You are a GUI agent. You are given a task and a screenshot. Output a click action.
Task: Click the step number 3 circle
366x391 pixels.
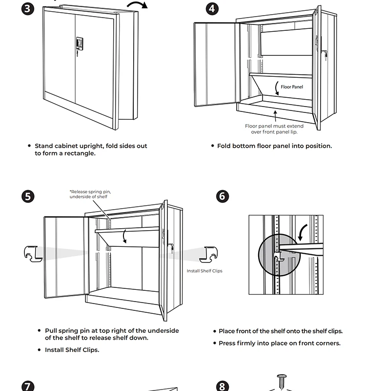(29, 9)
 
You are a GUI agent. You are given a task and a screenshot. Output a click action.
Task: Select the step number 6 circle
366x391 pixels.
(222, 196)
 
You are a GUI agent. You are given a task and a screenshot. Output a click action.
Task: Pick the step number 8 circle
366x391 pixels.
(222, 386)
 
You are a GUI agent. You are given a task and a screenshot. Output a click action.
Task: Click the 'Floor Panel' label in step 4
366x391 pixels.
(292, 87)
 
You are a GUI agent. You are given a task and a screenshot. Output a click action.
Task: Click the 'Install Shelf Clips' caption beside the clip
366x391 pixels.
(204, 271)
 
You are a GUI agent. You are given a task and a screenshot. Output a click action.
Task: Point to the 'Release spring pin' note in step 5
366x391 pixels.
(88, 194)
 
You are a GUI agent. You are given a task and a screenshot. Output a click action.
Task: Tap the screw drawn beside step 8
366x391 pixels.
(283, 381)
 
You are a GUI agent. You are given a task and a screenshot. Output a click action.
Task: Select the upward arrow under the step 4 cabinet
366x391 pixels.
(276, 115)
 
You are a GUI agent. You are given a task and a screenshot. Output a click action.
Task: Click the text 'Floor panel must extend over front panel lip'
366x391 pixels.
(274, 129)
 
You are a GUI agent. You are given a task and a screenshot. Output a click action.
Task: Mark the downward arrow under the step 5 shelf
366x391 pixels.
(125, 237)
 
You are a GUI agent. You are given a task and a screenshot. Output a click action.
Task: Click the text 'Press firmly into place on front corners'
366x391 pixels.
(279, 343)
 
